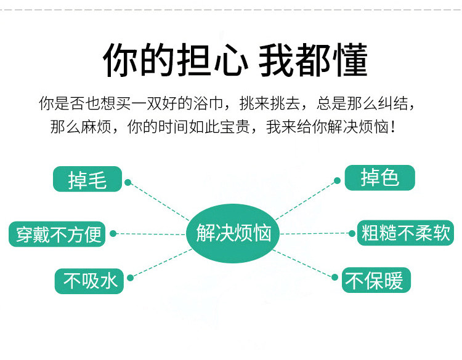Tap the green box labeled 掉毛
click(x=87, y=179)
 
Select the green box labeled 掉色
click(x=379, y=178)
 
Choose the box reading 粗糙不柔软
click(x=406, y=234)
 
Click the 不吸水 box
click(x=90, y=281)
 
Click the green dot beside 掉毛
click(x=128, y=182)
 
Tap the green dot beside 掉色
click(x=338, y=181)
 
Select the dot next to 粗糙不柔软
click(x=351, y=233)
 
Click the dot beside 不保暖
click(x=335, y=278)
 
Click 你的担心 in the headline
click(x=175, y=60)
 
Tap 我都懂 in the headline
click(x=313, y=60)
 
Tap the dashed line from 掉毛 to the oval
click(x=159, y=200)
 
